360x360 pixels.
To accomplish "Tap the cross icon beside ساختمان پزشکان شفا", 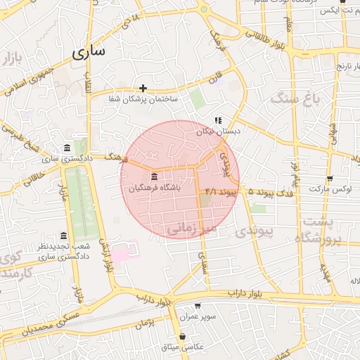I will tap(143, 88).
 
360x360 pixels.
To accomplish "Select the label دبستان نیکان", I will tap(218, 131).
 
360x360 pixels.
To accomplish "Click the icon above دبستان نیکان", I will tap(218, 120).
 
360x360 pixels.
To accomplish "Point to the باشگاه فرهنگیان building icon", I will tap(154, 176).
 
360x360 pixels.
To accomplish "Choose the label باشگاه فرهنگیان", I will tap(155, 188).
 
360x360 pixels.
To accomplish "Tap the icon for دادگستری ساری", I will tap(67, 148).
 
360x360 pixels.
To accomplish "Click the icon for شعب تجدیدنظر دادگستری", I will tap(64, 236).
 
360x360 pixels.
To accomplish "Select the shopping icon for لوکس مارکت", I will tap(330, 179).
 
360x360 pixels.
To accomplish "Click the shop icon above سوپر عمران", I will tap(198, 306).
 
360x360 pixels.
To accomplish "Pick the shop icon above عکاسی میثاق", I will tap(183, 336).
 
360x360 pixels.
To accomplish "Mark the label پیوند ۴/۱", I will tap(221, 191).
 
